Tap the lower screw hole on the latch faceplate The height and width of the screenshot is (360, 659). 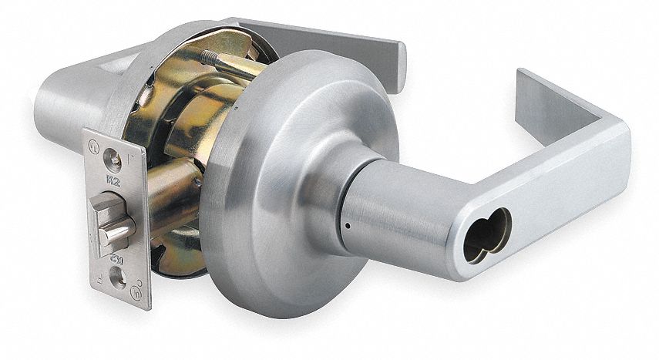point(118,280)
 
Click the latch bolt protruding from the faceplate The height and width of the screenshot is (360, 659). point(112,223)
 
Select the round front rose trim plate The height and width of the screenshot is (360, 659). point(277,193)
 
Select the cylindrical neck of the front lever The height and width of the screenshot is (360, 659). point(385,208)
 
